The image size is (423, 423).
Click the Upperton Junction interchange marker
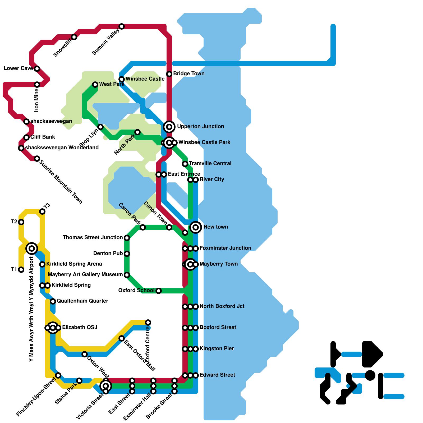[x=169, y=127]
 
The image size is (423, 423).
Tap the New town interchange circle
[x=196, y=227]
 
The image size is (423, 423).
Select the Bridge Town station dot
[x=169, y=74]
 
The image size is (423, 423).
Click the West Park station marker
[x=95, y=85]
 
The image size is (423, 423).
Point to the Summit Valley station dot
[x=122, y=26]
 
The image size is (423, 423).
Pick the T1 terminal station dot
[x=21, y=270]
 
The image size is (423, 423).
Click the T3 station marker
[x=42, y=212]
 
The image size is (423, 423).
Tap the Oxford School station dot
[x=159, y=291]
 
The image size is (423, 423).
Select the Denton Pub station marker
[x=127, y=254]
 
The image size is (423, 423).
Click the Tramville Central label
[x=210, y=163]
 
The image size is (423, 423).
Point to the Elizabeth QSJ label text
[x=80, y=327]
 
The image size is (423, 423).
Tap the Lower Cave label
[x=18, y=68]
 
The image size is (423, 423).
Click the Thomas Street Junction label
[x=93, y=237]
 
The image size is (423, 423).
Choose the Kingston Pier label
[x=217, y=348]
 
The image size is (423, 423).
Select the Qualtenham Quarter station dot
[x=53, y=301]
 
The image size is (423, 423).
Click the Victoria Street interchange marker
[x=106, y=386]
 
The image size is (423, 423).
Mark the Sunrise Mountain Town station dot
[x=37, y=159]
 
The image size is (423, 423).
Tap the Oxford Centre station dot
[x=148, y=323]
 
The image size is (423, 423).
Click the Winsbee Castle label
[x=145, y=79]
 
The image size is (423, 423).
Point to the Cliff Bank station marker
[x=26, y=137]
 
